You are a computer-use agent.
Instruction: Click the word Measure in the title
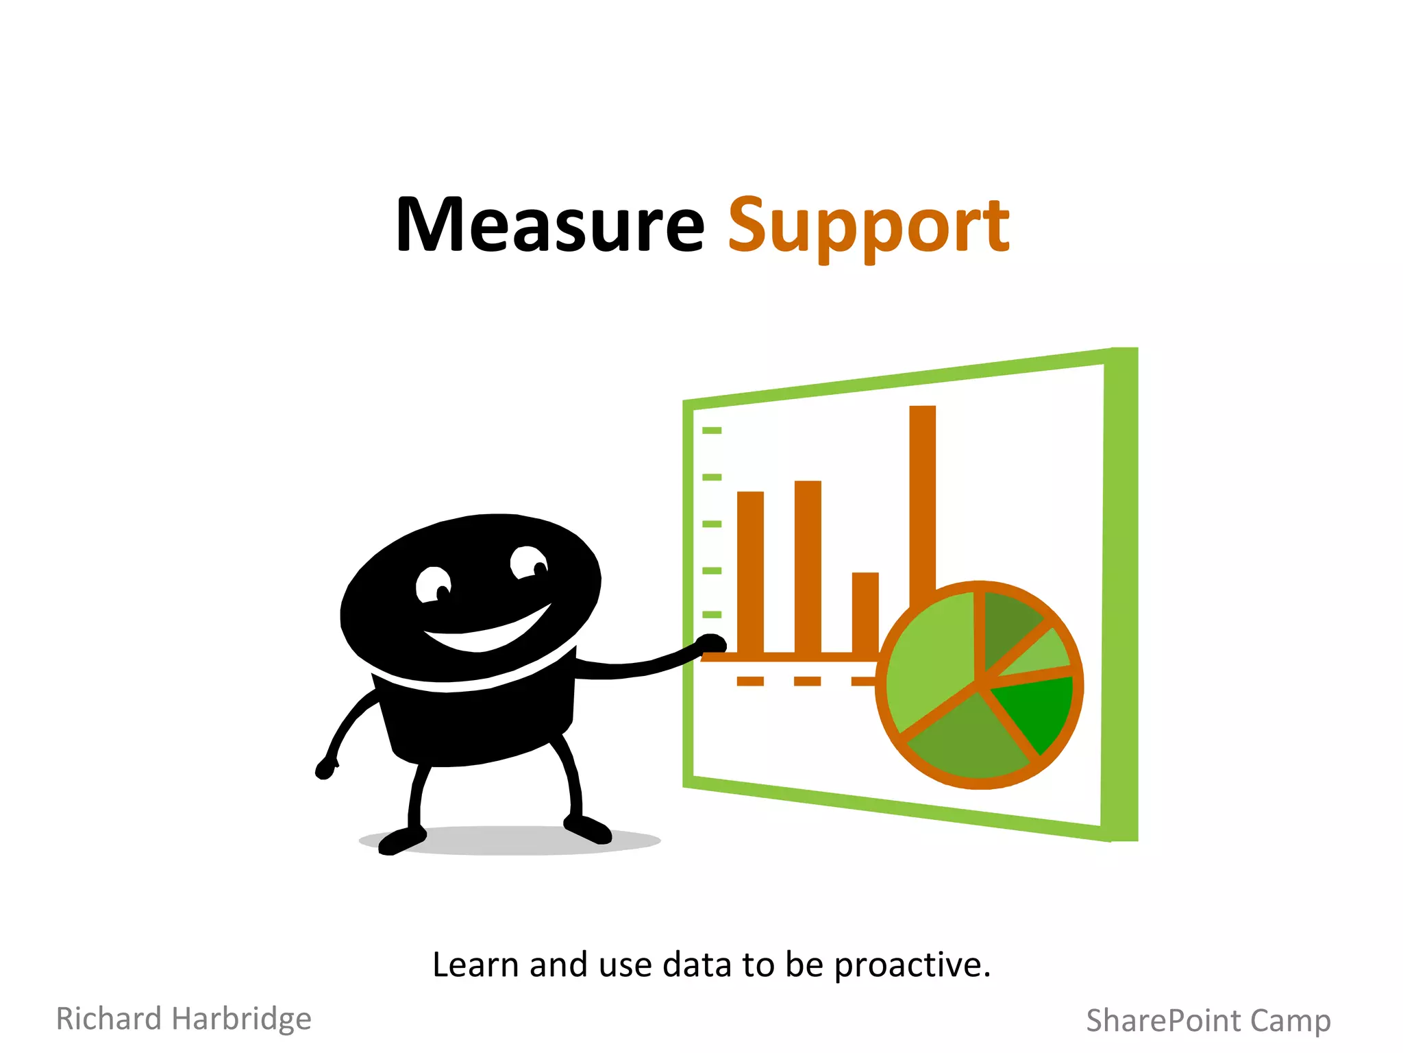(x=550, y=225)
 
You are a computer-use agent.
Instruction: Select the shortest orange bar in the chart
(x=865, y=610)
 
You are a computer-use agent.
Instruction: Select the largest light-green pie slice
(x=928, y=658)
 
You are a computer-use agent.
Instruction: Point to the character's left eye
(x=433, y=585)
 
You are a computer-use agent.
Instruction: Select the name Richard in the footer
(x=108, y=1019)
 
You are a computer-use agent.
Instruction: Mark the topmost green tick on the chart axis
(x=712, y=431)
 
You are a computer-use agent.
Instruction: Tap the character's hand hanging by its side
(x=325, y=768)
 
